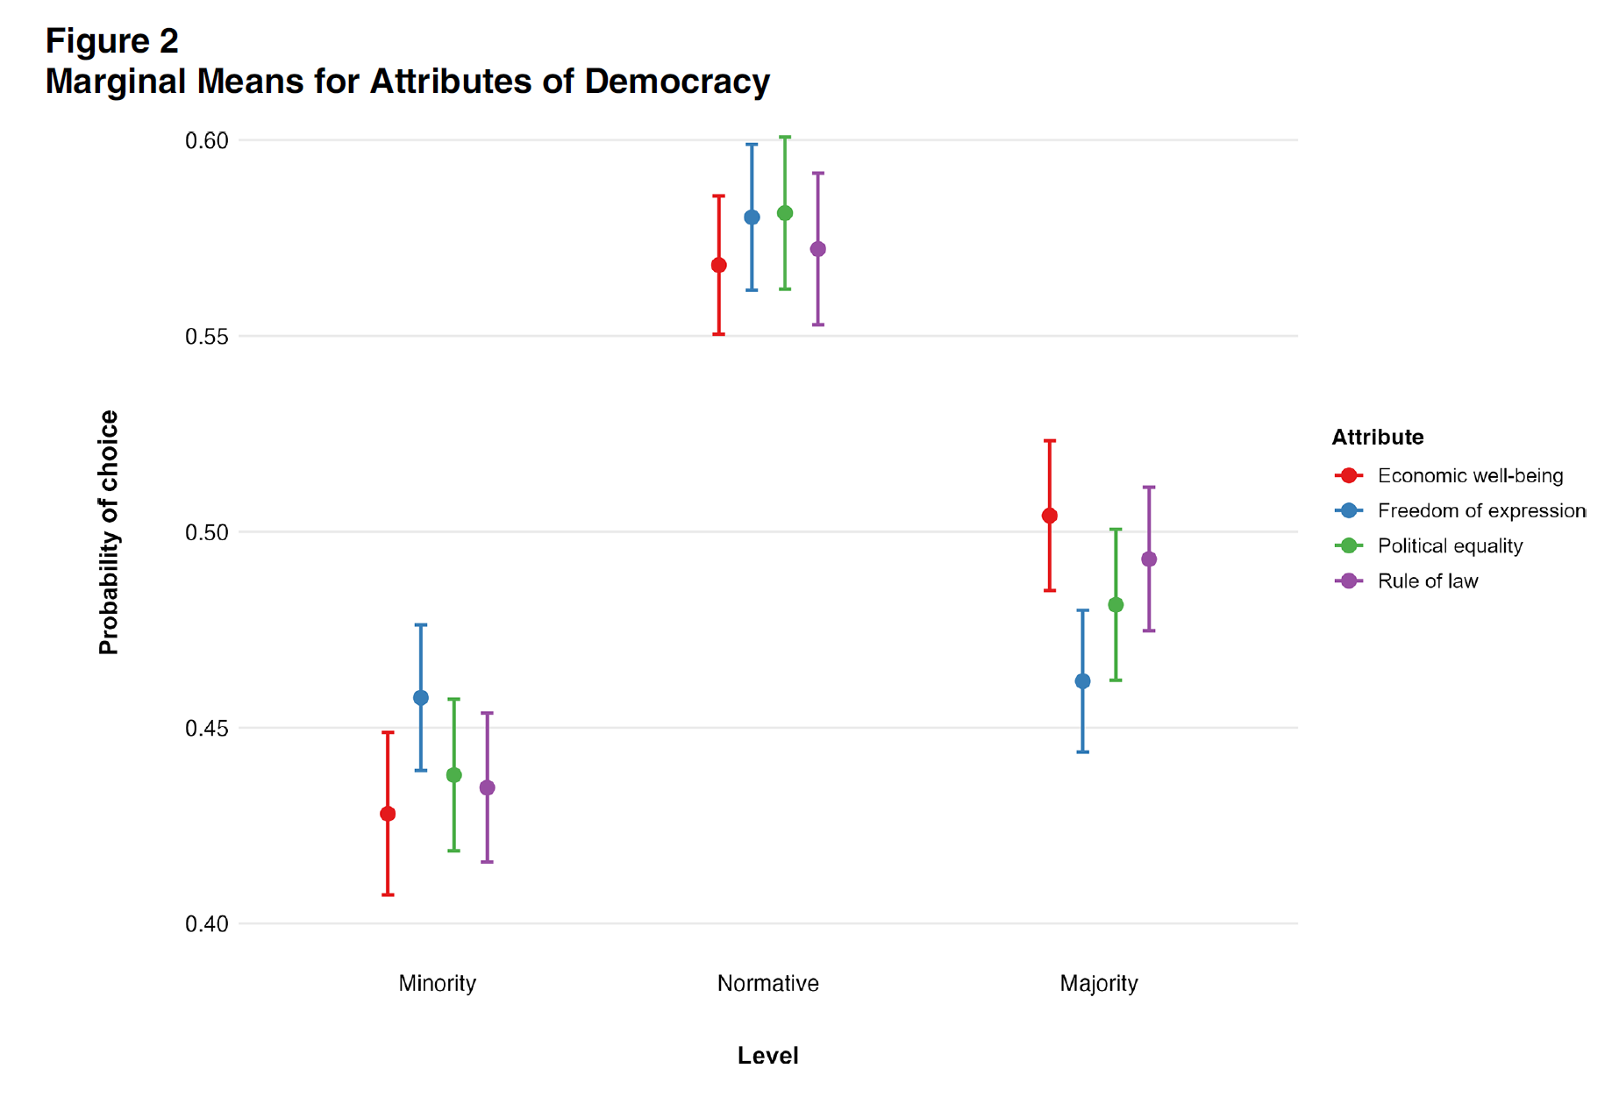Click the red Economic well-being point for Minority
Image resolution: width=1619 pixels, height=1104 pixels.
388,814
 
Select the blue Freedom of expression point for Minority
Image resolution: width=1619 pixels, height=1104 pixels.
421,698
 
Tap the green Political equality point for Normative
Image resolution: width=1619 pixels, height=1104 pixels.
785,213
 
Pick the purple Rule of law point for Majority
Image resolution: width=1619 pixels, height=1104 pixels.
1149,559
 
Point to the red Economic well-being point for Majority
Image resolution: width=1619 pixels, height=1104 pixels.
1050,516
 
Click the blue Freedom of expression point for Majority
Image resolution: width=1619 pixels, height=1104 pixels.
1083,681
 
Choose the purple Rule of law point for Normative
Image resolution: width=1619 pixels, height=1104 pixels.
818,249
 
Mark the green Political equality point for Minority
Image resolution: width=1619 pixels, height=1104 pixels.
454,775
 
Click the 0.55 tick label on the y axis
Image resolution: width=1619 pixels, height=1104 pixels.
206,337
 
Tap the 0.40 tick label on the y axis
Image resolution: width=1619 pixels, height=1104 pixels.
206,924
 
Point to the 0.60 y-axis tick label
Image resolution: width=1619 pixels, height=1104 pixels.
206,141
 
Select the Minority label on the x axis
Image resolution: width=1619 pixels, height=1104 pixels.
437,984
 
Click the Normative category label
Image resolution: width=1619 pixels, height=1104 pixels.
767,984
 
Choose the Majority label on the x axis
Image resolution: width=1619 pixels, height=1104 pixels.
1099,984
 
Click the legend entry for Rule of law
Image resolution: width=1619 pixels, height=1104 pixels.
1427,581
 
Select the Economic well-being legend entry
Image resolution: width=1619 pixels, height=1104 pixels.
1470,476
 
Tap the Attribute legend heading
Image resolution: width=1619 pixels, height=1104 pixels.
1377,438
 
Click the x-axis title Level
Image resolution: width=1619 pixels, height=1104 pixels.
767,1056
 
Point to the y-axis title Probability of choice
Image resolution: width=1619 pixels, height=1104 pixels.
109,532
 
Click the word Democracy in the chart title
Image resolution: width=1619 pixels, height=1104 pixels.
677,82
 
